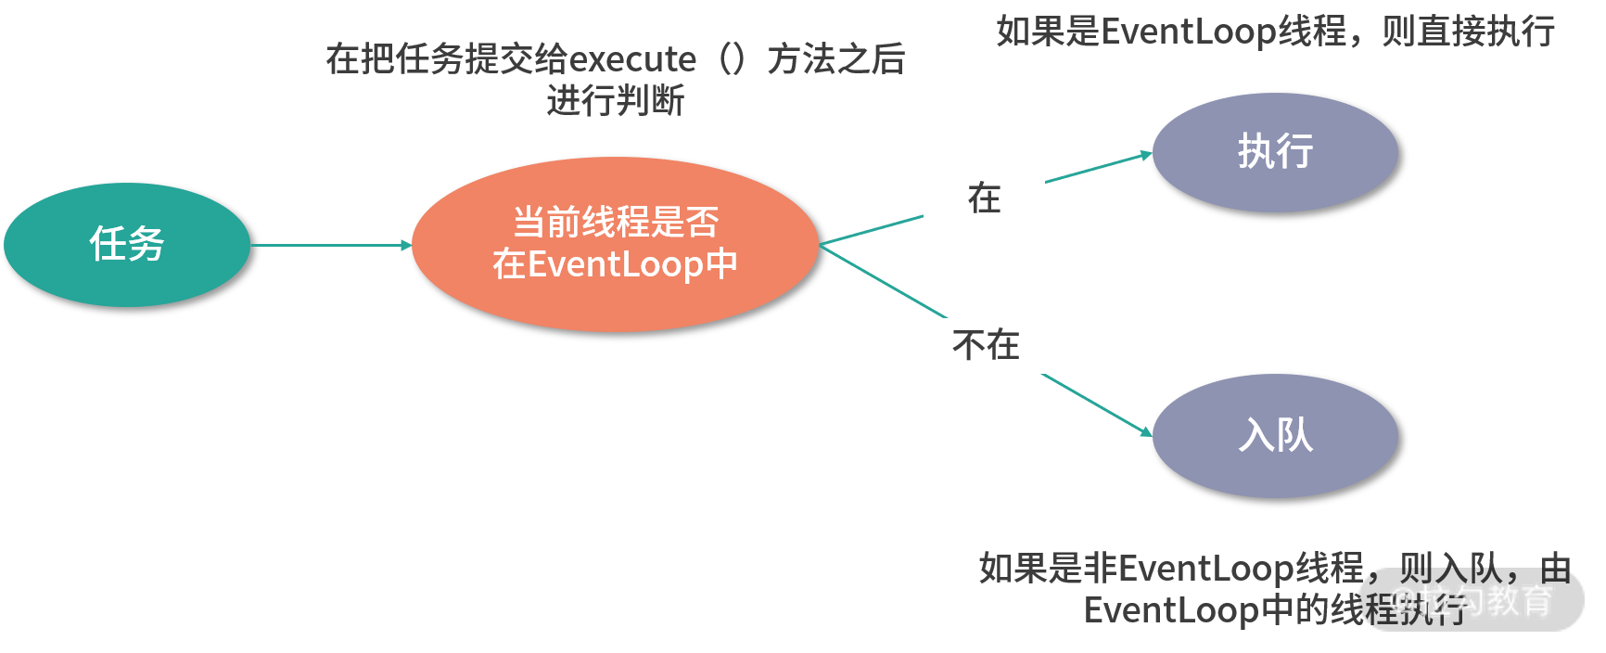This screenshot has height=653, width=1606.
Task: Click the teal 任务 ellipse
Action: click(x=127, y=245)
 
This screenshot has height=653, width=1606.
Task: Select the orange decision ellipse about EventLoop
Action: click(x=615, y=244)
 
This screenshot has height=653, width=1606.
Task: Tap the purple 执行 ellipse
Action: click(x=1275, y=152)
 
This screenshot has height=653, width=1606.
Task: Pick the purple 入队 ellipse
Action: click(x=1275, y=435)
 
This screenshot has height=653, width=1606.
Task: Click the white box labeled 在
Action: click(x=984, y=198)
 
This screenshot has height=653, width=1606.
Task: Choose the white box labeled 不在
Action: click(x=986, y=346)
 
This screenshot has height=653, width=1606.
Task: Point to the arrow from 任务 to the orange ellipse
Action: click(x=330, y=245)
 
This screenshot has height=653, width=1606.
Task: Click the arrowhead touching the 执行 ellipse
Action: click(x=1146, y=155)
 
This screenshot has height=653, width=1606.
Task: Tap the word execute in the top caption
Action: click(x=631, y=59)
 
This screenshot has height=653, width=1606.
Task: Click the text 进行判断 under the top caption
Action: click(x=615, y=100)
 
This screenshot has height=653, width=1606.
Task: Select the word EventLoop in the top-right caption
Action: click(x=1189, y=32)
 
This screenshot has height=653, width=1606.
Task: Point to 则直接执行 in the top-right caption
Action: click(x=1469, y=32)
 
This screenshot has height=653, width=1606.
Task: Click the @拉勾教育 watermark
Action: click(x=1471, y=601)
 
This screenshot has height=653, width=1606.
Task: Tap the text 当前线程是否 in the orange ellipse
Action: click(x=616, y=223)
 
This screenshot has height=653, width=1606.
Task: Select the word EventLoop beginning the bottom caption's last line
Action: click(x=1171, y=610)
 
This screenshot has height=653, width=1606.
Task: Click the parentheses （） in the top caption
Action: click(x=733, y=59)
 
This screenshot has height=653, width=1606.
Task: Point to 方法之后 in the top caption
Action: click(x=836, y=59)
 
